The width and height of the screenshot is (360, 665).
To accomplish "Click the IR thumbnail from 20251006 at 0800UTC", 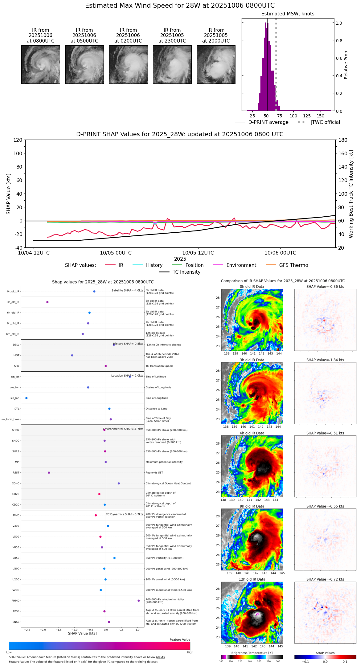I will (40, 64).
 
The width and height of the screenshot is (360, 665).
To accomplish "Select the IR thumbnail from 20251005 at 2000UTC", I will (216, 64).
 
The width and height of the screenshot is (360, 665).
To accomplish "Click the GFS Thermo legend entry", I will (293, 265).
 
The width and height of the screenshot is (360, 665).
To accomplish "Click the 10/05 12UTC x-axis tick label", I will (198, 253).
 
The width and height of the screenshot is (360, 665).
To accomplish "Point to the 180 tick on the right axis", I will (343, 140).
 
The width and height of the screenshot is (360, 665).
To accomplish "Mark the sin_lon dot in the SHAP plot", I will (27, 398).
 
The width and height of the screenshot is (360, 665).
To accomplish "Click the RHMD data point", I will (139, 601).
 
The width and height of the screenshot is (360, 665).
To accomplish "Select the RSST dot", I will (49, 473).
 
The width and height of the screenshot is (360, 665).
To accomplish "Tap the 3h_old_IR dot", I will (47, 302).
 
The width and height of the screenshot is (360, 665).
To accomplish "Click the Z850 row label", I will (16, 558).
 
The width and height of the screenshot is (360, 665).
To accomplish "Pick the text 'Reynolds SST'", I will (154, 473).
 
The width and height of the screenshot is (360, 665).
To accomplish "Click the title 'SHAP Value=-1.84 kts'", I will (325, 360).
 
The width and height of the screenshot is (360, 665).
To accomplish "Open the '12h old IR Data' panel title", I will (252, 579).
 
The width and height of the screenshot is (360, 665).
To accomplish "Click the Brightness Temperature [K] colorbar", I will (252, 657).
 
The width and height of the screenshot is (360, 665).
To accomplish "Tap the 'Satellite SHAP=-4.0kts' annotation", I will (127, 290).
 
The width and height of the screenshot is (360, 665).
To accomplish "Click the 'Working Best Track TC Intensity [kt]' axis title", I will (351, 194).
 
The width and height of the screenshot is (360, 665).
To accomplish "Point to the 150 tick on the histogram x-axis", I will (321, 116).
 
